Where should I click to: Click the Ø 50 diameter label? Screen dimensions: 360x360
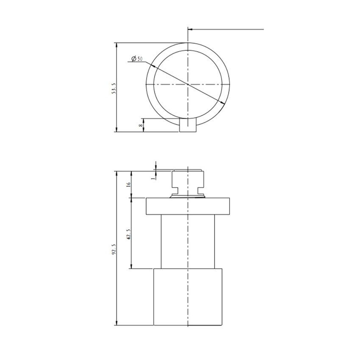(137, 58)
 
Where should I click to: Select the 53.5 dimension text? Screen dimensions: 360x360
(113, 89)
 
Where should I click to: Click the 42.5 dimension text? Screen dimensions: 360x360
(128, 234)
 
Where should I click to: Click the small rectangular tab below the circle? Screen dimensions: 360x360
(188, 125)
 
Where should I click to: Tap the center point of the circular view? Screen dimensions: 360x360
(188, 85)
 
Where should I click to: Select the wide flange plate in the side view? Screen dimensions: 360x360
(188, 205)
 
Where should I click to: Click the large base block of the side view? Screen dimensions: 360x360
(188, 296)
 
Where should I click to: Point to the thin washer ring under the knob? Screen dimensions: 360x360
(188, 196)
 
